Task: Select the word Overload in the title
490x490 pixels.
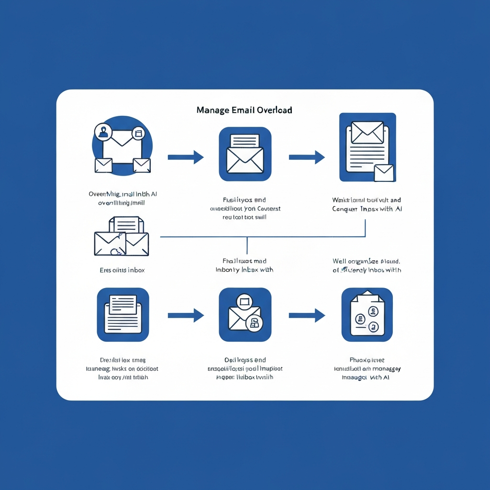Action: (274, 110)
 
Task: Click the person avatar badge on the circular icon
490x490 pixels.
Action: (103, 131)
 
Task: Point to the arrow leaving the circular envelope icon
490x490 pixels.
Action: (186, 157)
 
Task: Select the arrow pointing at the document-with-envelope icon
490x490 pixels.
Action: (307, 157)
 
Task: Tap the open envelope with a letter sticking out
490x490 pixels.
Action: (245, 154)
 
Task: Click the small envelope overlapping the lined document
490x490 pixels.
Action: (384, 173)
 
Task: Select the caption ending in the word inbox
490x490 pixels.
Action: (122, 270)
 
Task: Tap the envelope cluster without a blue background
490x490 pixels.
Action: (122, 237)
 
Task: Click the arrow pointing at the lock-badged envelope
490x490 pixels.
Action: (186, 315)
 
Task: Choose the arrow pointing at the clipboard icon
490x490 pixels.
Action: (307, 315)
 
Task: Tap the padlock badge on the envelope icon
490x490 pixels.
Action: (254, 323)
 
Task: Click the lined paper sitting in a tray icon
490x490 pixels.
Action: (123, 314)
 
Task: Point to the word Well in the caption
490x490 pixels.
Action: (340, 261)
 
